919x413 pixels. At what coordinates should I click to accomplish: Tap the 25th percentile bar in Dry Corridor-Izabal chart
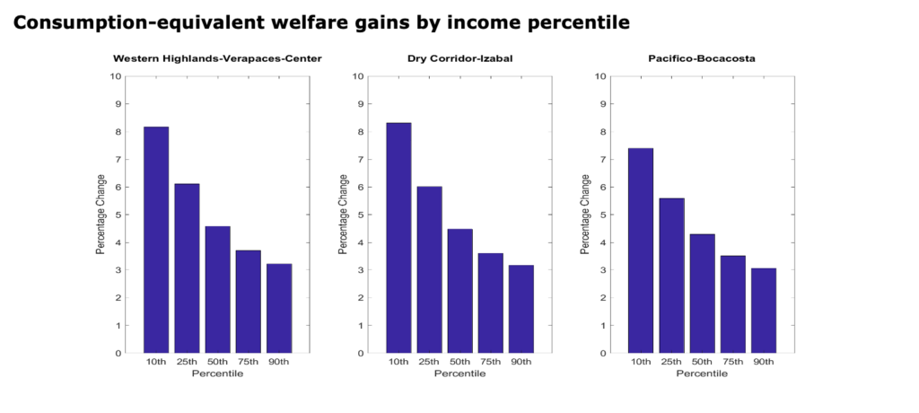[x=429, y=269]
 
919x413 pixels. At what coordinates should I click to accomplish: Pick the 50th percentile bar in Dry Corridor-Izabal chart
[x=459, y=291]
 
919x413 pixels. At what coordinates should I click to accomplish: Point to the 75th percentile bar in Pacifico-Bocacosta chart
[x=732, y=304]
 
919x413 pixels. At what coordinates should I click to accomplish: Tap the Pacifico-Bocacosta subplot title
[x=702, y=59]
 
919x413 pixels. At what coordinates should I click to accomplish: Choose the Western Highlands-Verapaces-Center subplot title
[x=217, y=59]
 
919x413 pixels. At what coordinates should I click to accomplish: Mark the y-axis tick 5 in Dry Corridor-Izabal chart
[x=360, y=215]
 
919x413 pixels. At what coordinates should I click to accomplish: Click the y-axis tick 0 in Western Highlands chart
[x=118, y=353]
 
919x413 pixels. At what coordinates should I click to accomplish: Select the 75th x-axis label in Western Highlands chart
[x=248, y=363]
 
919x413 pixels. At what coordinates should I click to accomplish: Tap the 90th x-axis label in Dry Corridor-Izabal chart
[x=521, y=363]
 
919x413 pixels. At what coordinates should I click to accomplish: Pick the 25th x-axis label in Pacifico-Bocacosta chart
[x=671, y=363]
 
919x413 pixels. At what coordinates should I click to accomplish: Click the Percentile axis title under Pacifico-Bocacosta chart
[x=702, y=373]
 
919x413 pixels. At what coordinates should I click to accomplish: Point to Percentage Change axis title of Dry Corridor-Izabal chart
[x=343, y=215]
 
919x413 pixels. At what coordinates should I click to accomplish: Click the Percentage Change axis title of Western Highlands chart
[x=101, y=215]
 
